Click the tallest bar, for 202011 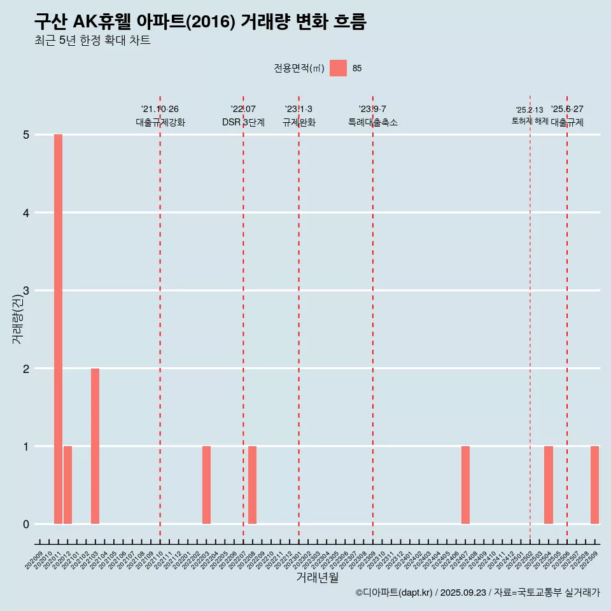tap(58, 329)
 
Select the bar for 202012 tap(67, 485)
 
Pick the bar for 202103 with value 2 tap(95, 446)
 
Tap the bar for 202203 tap(206, 485)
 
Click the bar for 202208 tap(253, 485)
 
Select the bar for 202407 tap(465, 485)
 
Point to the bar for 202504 tap(549, 485)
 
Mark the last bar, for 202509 tap(594, 485)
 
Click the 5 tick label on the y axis tap(27, 135)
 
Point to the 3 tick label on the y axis tap(27, 291)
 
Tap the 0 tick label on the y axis tap(27, 524)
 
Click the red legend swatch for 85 tap(338, 68)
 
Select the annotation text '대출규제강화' tap(160, 122)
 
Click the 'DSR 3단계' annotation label tap(243, 122)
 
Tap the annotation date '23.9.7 tap(372, 109)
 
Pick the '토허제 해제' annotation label tap(530, 120)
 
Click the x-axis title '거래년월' tap(317, 577)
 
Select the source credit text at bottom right tap(477, 593)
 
